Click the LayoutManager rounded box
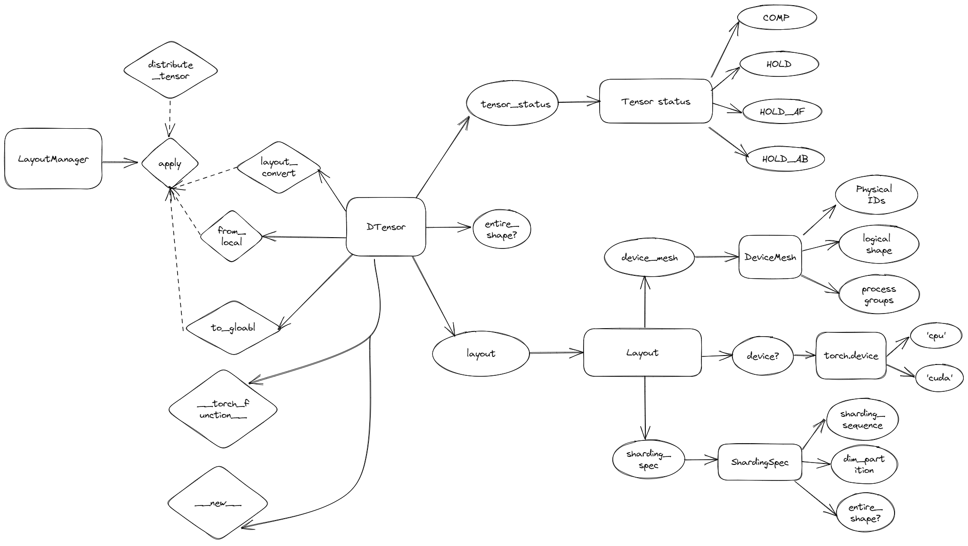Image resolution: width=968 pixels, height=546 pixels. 53,159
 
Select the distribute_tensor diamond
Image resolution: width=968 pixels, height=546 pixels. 171,70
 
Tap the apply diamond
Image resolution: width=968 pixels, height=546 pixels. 170,164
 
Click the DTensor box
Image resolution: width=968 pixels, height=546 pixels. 386,227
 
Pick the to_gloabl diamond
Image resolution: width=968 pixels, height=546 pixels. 233,328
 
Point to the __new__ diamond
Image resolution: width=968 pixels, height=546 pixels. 218,503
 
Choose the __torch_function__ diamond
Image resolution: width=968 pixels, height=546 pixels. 223,409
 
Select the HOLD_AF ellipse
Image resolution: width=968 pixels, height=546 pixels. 782,112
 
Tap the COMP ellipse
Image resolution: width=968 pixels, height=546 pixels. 776,18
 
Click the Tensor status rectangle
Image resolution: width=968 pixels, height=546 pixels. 656,101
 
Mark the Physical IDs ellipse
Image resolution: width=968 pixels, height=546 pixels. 876,195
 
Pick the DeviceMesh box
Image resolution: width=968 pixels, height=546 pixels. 770,257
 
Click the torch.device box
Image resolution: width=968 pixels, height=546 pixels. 851,356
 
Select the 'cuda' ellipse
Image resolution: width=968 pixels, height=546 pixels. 939,377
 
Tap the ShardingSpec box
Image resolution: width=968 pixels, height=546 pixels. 759,462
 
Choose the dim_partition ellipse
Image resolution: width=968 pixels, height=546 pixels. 864,464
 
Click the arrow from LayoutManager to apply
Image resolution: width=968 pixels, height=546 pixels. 120,163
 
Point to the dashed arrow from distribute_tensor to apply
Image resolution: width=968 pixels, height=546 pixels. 170,118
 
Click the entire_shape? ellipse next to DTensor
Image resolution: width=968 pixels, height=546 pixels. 502,229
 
